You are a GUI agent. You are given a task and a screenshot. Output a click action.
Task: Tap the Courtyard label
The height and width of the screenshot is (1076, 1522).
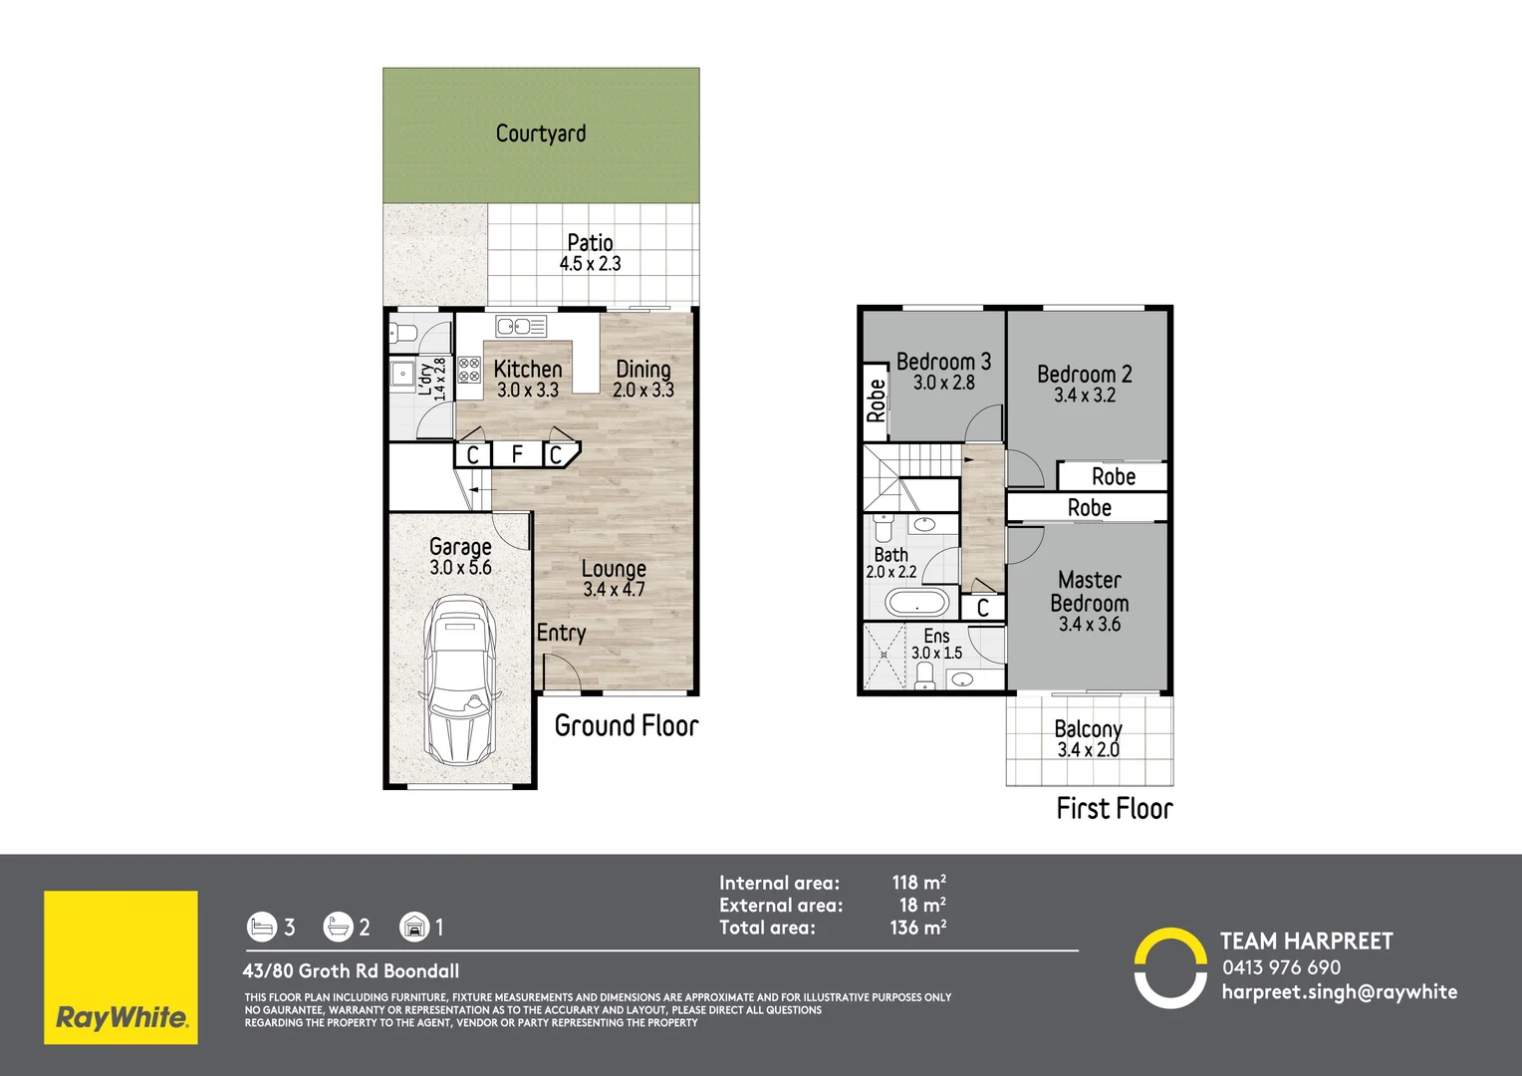(x=541, y=134)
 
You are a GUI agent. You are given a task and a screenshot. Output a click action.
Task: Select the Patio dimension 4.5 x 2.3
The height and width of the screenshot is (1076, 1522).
(x=590, y=264)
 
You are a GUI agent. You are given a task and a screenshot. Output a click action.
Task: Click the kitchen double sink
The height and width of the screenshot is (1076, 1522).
(x=521, y=327)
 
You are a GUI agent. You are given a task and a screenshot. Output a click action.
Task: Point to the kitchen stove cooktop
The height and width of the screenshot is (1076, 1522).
(x=469, y=370)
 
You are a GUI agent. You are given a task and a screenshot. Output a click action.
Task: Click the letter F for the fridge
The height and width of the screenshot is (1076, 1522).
(x=517, y=454)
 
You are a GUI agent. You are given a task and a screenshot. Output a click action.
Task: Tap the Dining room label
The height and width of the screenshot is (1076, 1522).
(x=642, y=370)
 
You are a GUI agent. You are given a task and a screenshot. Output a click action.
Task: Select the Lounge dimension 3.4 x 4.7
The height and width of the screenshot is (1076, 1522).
(x=614, y=590)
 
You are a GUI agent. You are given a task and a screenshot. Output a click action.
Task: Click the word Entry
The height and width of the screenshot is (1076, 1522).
(x=561, y=633)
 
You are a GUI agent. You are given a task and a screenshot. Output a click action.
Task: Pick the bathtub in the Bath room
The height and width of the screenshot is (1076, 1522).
(x=917, y=603)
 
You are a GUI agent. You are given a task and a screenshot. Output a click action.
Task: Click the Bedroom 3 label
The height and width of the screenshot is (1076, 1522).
(x=943, y=362)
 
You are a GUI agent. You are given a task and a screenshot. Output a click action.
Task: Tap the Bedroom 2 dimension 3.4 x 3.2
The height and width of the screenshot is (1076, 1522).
(x=1085, y=396)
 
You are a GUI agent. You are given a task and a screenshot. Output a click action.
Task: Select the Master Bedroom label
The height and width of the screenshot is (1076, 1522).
(x=1090, y=591)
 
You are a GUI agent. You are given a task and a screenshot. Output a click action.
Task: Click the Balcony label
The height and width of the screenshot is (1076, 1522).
(x=1088, y=729)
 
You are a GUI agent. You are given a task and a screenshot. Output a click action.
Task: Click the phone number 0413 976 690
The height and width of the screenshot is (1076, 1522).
(x=1281, y=967)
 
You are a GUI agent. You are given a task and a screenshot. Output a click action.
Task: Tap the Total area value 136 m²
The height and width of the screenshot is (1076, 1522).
(x=917, y=928)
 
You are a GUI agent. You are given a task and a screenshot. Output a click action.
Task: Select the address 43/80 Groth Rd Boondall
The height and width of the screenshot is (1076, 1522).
(x=351, y=970)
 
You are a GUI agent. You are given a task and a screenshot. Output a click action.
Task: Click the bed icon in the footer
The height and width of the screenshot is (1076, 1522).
(x=261, y=928)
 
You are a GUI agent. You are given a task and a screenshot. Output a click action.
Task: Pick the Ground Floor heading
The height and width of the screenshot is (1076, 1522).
(x=626, y=725)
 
